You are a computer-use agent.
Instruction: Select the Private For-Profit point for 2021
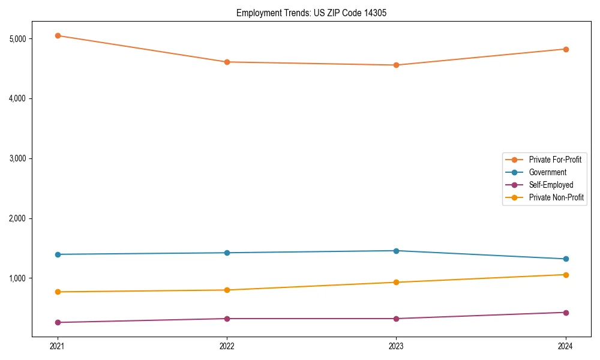[58, 35]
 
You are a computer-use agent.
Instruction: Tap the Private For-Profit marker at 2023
[396, 65]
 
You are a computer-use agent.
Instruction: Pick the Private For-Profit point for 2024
[566, 49]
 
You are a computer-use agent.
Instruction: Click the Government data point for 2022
[227, 253]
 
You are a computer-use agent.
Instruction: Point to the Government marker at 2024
[566, 259]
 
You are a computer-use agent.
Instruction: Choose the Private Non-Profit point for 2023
[396, 282]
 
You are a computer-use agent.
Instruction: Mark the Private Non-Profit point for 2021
[58, 292]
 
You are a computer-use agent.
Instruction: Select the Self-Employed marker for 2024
[566, 312]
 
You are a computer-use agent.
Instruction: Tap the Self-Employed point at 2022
[227, 319]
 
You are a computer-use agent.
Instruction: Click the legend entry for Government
[547, 172]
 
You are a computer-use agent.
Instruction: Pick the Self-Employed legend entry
[551, 185]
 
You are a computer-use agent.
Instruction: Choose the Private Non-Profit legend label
[556, 197]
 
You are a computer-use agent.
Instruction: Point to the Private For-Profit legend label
[555, 160]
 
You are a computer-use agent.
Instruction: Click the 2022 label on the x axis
[227, 346]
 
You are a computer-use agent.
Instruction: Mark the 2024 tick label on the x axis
[566, 346]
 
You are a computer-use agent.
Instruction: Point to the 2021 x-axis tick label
[58, 346]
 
